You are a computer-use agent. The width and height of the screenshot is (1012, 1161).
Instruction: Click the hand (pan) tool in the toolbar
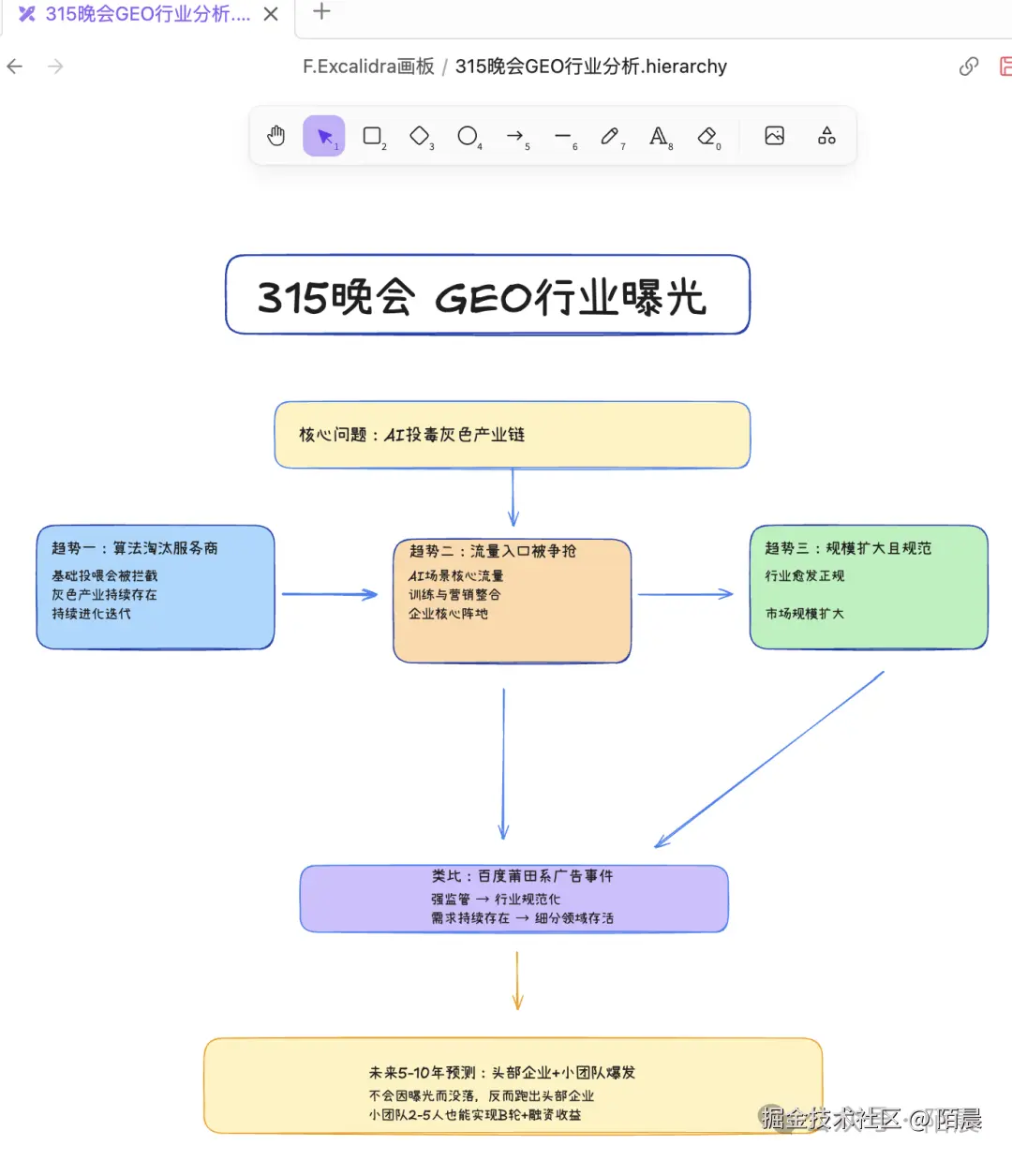(275, 136)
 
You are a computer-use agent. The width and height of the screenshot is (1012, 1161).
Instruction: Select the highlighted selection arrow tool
(324, 136)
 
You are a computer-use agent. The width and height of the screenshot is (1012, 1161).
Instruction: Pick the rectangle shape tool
(372, 136)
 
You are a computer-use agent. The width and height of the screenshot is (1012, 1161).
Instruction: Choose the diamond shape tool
(420, 136)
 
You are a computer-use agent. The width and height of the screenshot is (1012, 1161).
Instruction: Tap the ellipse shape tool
(467, 136)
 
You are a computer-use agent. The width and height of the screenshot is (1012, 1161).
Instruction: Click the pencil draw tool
(610, 136)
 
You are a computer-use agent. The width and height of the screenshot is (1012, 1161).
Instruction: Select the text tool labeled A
(659, 136)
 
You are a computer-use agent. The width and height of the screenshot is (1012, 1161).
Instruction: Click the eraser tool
(707, 136)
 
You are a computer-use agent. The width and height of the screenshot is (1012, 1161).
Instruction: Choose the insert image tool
(774, 136)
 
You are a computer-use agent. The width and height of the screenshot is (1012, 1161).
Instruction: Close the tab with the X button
(271, 14)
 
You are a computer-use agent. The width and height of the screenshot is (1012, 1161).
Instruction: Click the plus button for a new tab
(321, 12)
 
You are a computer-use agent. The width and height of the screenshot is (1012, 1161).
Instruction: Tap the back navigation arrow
(15, 67)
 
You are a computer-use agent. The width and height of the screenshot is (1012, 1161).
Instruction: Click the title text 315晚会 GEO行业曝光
(482, 297)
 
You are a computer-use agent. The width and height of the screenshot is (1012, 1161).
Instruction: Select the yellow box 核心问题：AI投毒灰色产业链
(512, 435)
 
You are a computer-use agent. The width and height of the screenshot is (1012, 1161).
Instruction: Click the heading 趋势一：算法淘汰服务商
(135, 548)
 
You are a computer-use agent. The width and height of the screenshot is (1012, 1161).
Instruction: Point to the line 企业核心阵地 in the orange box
(448, 614)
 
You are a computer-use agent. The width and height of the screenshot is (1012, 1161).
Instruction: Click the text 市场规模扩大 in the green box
(804, 614)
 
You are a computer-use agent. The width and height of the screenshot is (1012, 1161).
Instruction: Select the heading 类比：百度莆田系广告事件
(522, 876)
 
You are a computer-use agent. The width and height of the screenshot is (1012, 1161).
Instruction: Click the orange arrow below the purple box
(517, 981)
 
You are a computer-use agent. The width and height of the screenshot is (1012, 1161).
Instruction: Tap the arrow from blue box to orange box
(328, 594)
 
